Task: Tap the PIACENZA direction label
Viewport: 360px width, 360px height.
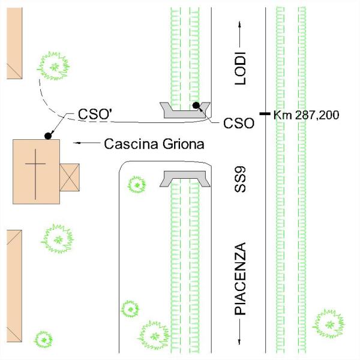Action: (240, 280)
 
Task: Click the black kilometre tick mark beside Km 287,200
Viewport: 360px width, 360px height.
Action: (264, 113)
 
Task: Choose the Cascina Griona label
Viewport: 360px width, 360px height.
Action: (154, 144)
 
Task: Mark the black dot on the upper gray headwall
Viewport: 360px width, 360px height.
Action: (196, 106)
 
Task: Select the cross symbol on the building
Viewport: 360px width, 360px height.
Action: (35, 173)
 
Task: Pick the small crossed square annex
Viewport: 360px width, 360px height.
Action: (69, 177)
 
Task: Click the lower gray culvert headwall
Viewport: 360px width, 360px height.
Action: (184, 179)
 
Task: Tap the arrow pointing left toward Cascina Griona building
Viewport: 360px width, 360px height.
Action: (85, 144)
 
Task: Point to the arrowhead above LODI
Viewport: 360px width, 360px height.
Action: (240, 26)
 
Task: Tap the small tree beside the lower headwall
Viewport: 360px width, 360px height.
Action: (137, 184)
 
